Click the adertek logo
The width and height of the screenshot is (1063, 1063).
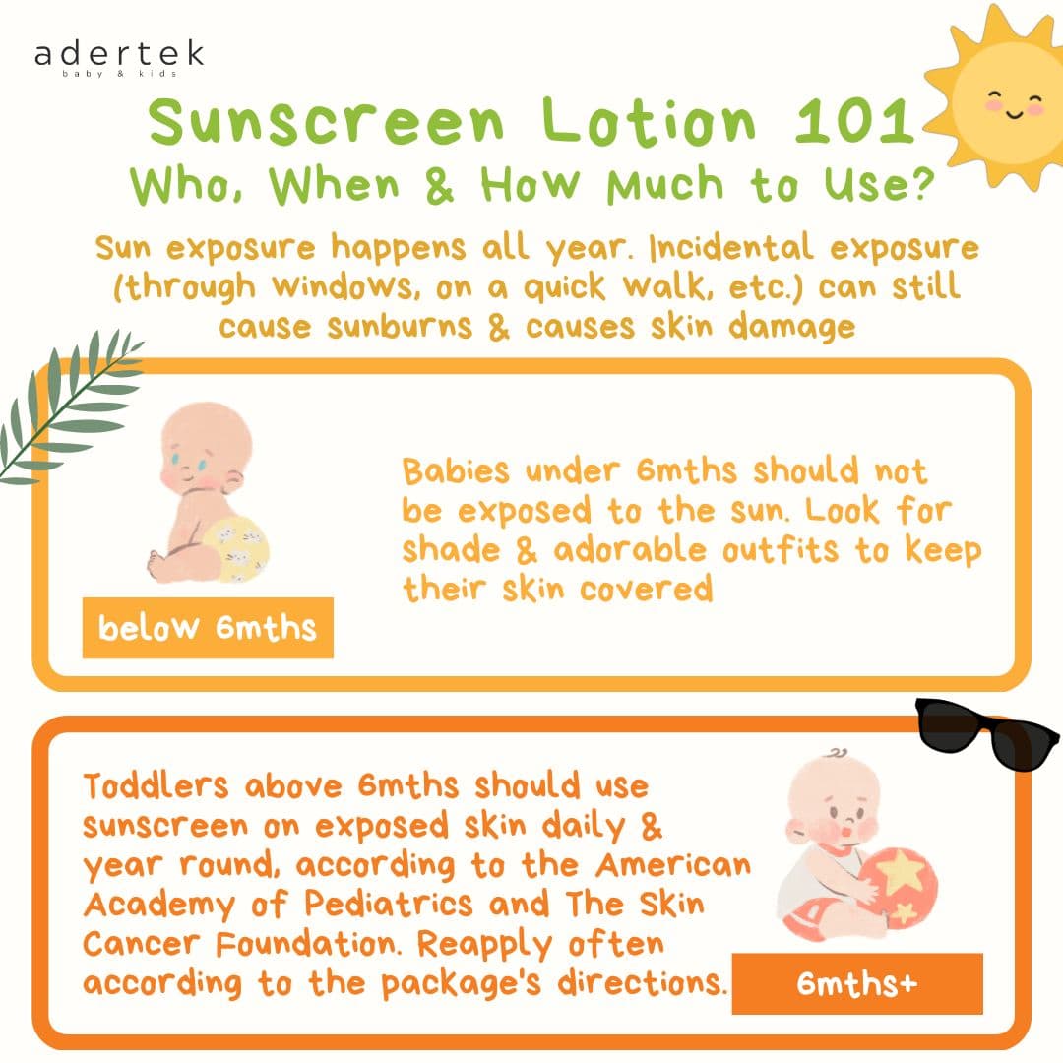coord(119,58)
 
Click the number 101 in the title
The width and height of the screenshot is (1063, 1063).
coord(855,121)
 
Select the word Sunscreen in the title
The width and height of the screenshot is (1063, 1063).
coord(326,121)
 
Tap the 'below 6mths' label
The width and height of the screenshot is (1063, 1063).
coord(208,628)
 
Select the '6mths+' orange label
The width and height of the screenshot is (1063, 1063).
coord(857,983)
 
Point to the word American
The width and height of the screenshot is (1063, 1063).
coord(673,865)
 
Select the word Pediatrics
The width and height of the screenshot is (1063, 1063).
coord(389,905)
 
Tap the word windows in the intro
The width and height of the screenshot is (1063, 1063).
coord(343,287)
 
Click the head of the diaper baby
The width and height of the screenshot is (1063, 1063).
coord(204,448)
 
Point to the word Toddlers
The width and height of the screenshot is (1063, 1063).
coord(156,786)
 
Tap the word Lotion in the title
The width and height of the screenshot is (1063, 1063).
coord(648,121)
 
